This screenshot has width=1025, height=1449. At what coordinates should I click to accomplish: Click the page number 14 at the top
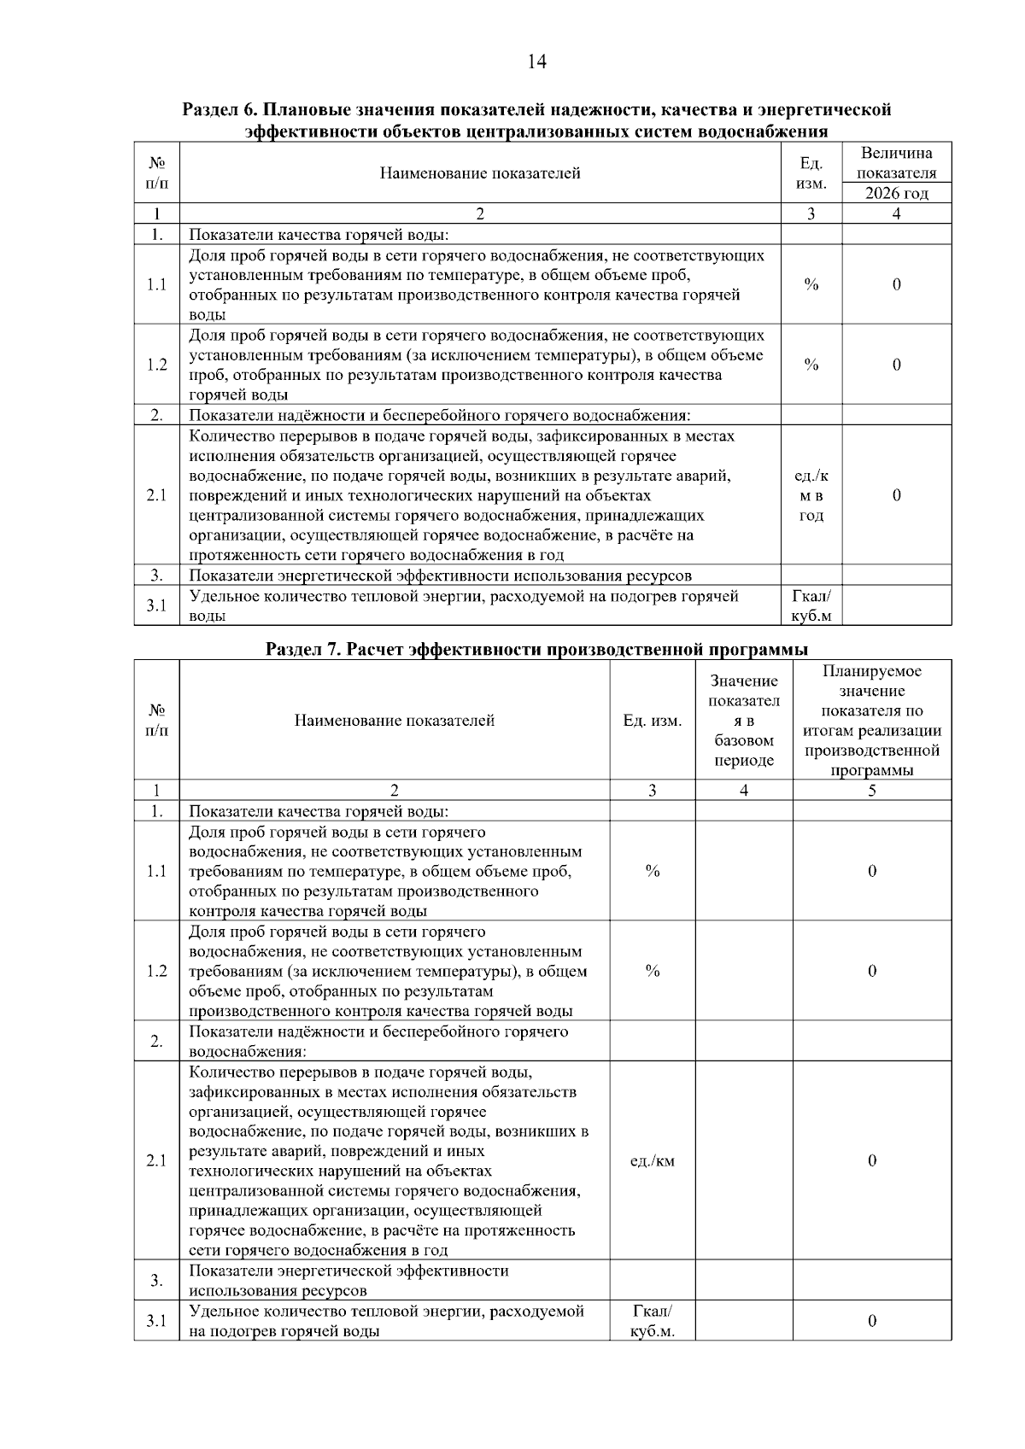pos(536,61)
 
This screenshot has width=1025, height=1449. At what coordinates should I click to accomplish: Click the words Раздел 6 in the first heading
pos(220,110)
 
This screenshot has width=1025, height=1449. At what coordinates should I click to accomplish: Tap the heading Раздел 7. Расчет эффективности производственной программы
pos(536,650)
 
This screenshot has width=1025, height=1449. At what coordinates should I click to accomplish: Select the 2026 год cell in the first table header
pos(896,193)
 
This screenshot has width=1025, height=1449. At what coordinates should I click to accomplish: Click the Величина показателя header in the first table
pos(896,163)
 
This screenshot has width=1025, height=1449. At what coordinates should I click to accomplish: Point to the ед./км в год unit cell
pos(811,496)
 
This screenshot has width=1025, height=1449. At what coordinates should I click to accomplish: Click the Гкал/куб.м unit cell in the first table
pos(811,605)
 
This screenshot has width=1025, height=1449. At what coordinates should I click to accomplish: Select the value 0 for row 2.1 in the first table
pos(896,496)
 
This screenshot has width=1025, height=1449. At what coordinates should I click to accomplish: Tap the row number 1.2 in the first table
pos(156,365)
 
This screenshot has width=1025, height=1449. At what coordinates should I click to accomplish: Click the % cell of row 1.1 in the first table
pos(811,285)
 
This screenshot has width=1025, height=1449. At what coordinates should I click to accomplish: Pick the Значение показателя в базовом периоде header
pos(743,721)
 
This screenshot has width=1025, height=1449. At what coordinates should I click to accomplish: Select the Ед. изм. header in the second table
pos(652,721)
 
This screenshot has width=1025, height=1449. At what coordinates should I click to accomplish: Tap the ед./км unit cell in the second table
pos(652,1160)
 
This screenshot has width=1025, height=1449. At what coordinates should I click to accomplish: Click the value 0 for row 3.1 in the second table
pos(871,1321)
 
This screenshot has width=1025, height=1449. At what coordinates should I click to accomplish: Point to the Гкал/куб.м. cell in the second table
pos(652,1321)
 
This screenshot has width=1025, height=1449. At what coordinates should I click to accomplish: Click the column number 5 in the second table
pos(871,791)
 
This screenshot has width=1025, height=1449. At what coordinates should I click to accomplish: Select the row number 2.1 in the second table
pos(156,1160)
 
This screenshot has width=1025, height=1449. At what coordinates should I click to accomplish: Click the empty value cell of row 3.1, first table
pos(896,605)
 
